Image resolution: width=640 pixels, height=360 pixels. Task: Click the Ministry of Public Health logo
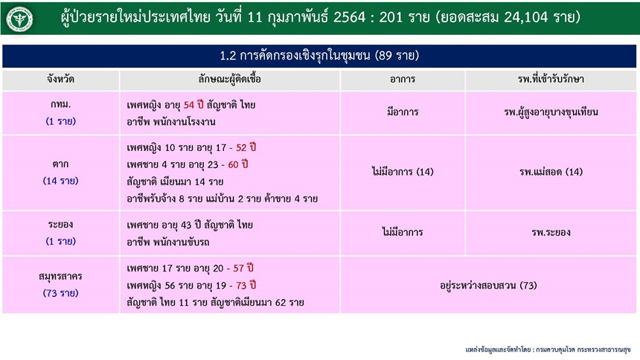[x=19, y=19]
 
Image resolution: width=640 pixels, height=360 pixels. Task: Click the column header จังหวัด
[x=60, y=79]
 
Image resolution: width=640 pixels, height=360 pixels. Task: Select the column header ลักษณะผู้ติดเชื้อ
[x=229, y=79]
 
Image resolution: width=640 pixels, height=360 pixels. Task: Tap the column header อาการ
[x=403, y=79]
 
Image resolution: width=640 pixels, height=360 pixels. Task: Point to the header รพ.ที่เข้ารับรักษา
[x=551, y=79]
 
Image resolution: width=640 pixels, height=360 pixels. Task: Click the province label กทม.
[x=60, y=104]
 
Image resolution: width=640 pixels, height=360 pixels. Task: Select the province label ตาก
[x=60, y=164]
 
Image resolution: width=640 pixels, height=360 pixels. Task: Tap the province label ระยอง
[x=60, y=224]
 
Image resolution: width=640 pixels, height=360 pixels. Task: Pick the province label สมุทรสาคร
[x=60, y=277]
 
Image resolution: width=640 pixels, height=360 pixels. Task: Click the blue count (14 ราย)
[x=60, y=181]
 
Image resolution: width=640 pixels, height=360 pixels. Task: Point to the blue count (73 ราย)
[x=60, y=293]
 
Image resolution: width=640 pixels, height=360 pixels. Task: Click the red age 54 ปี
[x=193, y=105]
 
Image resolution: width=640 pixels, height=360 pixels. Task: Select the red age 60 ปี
[x=238, y=164]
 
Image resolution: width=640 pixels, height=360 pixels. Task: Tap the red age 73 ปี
[x=246, y=286]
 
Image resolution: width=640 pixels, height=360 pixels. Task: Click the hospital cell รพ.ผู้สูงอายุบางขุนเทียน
[x=551, y=112]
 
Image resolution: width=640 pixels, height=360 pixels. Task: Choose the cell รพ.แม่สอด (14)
[x=551, y=172]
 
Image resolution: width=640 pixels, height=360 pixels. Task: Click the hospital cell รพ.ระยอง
[x=551, y=232]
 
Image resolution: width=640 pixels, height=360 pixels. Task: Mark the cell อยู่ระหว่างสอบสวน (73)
[x=488, y=286]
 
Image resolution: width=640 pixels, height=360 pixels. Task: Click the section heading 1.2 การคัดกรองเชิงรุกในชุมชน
[x=319, y=56]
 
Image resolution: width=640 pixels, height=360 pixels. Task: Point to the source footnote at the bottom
[x=548, y=350]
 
